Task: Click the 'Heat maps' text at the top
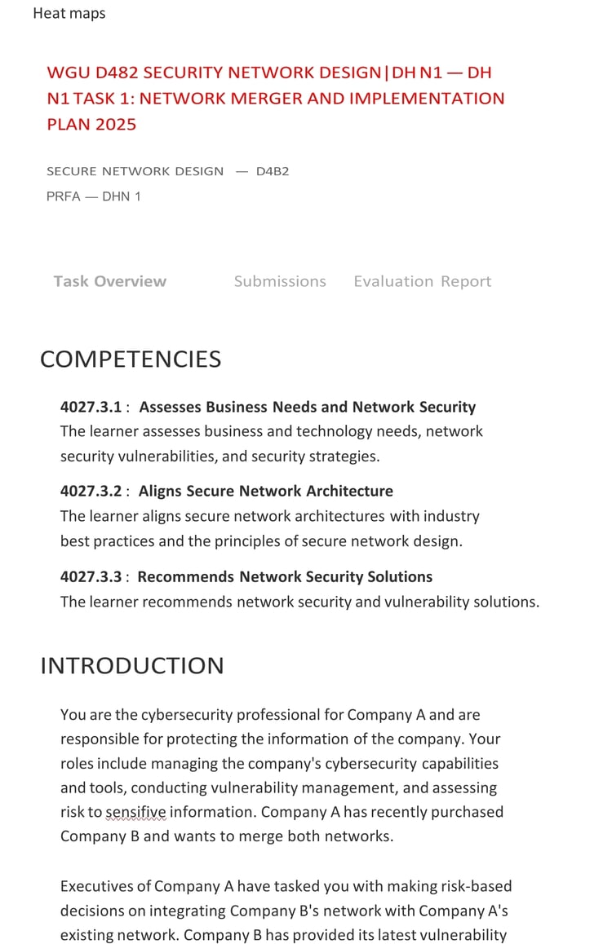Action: [69, 14]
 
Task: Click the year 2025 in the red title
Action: [116, 125]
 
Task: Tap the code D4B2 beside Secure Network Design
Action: [273, 171]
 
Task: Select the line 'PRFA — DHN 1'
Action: [94, 196]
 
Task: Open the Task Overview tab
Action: [110, 281]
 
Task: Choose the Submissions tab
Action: [280, 281]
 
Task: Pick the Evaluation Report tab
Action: [423, 281]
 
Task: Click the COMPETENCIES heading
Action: [131, 360]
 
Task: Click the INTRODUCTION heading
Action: [132, 666]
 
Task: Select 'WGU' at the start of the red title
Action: [66, 73]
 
